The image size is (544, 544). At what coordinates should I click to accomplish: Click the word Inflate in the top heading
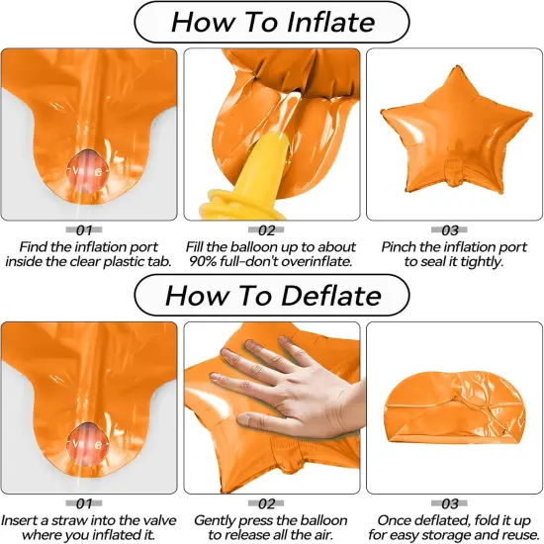coord(331,22)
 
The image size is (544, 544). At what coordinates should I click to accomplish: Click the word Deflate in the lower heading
coord(331,296)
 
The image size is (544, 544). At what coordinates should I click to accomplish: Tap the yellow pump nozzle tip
coord(277,139)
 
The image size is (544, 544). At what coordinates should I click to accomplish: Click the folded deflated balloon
coord(454,408)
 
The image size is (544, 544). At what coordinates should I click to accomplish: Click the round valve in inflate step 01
coord(87,171)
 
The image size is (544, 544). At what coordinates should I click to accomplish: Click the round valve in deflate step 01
coord(87,444)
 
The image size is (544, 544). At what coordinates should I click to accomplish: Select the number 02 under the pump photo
coord(266,230)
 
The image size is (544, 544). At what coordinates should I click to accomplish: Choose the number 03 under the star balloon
coord(450,230)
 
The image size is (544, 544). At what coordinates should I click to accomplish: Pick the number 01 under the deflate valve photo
coord(84,503)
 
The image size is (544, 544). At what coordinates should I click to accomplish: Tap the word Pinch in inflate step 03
coord(398,247)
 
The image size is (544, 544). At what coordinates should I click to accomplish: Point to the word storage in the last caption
coord(458,535)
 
